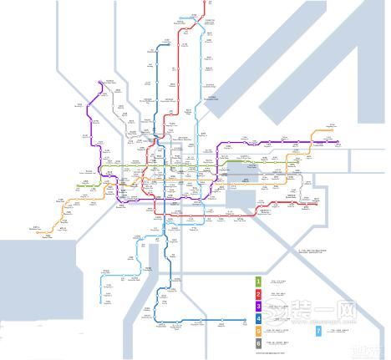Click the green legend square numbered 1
(x=258, y=281)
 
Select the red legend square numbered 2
(x=258, y=293)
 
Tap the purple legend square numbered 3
(x=258, y=306)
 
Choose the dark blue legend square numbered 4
(x=258, y=318)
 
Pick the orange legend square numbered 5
(x=258, y=331)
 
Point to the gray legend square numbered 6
(x=258, y=343)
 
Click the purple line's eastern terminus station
(x=338, y=143)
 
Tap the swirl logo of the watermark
(x=297, y=317)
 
